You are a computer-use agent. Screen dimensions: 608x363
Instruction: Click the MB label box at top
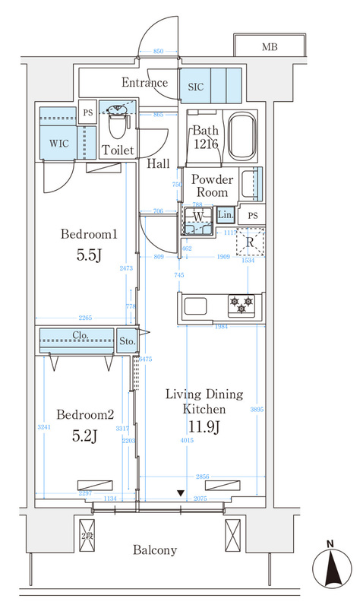[x=270, y=47]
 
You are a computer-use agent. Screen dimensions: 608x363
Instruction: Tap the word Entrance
[x=144, y=83]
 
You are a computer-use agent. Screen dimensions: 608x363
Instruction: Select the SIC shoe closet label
[x=195, y=86]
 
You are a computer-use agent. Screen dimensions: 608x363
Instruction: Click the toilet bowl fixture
[x=117, y=115]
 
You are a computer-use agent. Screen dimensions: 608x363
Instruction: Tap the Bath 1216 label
[x=205, y=137]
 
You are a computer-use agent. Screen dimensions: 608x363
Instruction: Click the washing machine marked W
[x=197, y=220]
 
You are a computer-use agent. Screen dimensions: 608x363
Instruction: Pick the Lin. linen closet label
[x=226, y=216]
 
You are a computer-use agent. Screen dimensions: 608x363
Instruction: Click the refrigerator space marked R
[x=249, y=242]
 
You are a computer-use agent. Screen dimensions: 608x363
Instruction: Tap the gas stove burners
[x=241, y=306]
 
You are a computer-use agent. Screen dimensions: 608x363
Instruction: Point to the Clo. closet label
[x=81, y=335]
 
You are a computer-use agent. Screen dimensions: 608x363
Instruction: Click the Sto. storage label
[x=128, y=341]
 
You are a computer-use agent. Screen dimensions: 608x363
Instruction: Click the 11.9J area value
[x=204, y=428]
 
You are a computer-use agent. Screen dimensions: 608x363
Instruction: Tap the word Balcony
[x=156, y=549]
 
